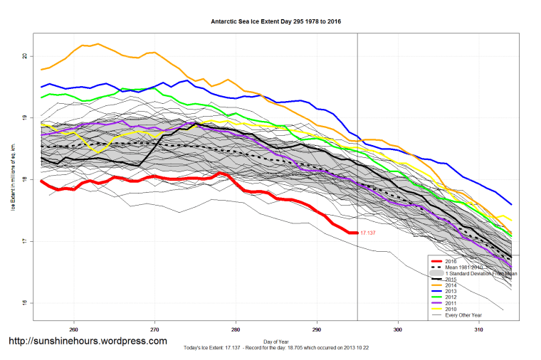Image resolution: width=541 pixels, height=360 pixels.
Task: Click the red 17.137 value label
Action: tap(368, 233)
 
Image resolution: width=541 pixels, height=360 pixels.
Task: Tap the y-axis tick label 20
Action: tap(24, 56)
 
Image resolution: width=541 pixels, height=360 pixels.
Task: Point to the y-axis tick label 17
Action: tap(24, 242)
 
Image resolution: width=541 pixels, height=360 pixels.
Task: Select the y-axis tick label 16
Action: tap(24, 304)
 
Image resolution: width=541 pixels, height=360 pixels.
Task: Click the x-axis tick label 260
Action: tap(73, 329)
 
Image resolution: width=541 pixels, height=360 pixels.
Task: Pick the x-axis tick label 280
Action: tap(236, 329)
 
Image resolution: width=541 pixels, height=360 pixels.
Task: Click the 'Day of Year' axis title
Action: tap(276, 340)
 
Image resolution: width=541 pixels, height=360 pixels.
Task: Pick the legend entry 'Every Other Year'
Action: tap(464, 315)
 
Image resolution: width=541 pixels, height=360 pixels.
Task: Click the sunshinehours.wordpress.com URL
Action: tap(88, 342)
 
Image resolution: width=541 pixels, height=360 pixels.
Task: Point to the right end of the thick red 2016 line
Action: tap(355, 233)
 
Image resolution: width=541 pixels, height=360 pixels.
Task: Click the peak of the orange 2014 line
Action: tap(98, 43)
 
